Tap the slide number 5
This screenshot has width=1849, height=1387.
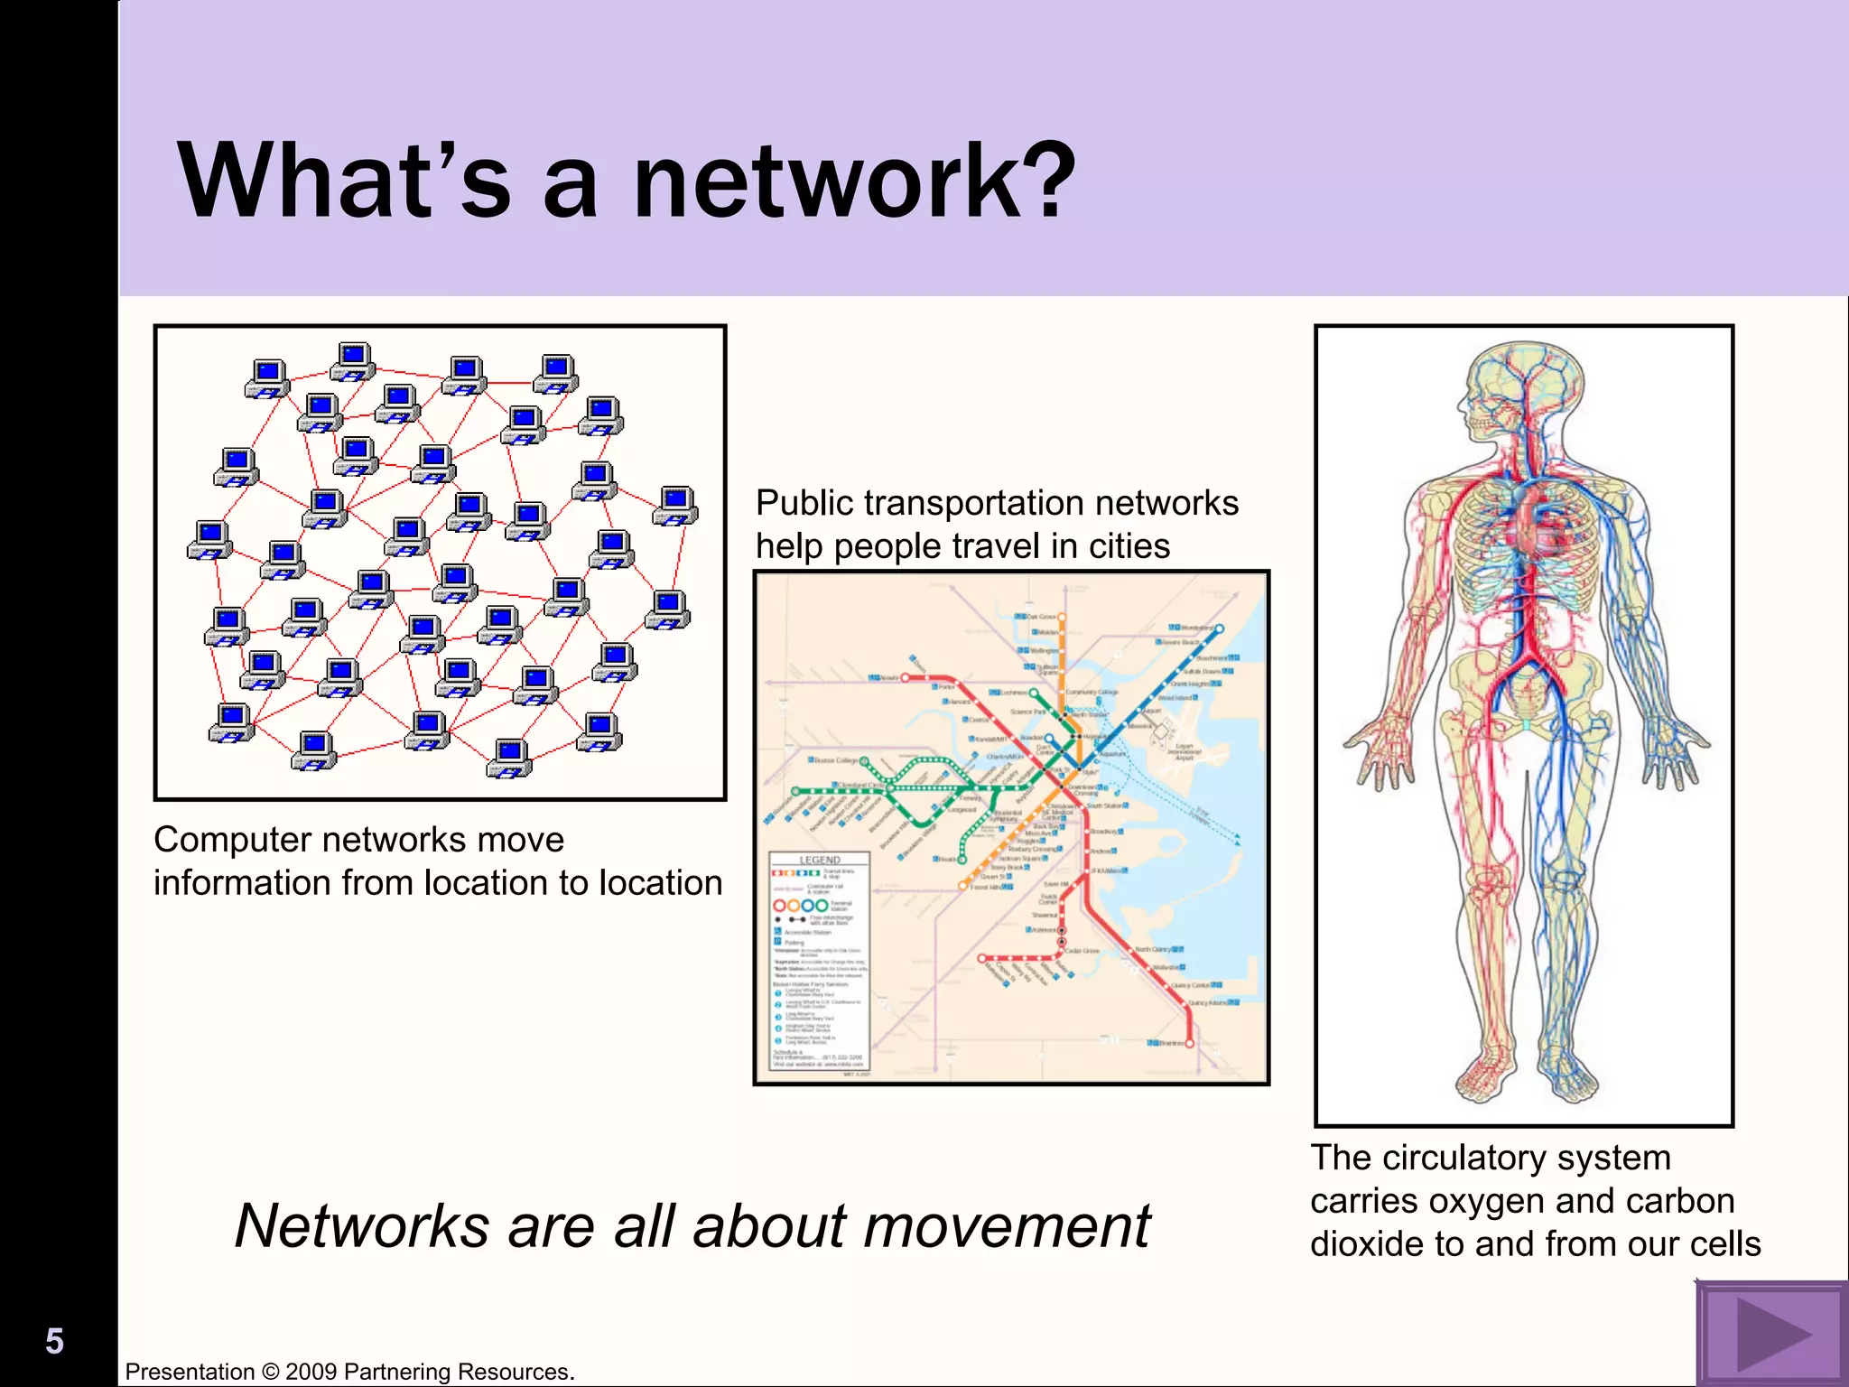pyautogui.click(x=54, y=1341)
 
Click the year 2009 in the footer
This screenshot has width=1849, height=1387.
pyautogui.click(x=311, y=1372)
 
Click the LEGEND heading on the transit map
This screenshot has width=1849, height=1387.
pyautogui.click(x=820, y=860)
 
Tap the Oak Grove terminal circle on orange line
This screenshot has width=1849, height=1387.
pyautogui.click(x=1063, y=618)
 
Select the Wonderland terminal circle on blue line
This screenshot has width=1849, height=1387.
pyautogui.click(x=1220, y=628)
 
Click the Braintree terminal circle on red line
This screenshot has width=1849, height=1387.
pyautogui.click(x=1190, y=1043)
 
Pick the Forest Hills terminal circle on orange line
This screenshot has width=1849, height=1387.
pyautogui.click(x=962, y=887)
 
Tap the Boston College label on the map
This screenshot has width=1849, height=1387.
pyautogui.click(x=836, y=760)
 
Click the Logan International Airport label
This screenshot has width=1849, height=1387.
pyautogui.click(x=1185, y=751)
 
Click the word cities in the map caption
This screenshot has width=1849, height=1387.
pyautogui.click(x=1129, y=546)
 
